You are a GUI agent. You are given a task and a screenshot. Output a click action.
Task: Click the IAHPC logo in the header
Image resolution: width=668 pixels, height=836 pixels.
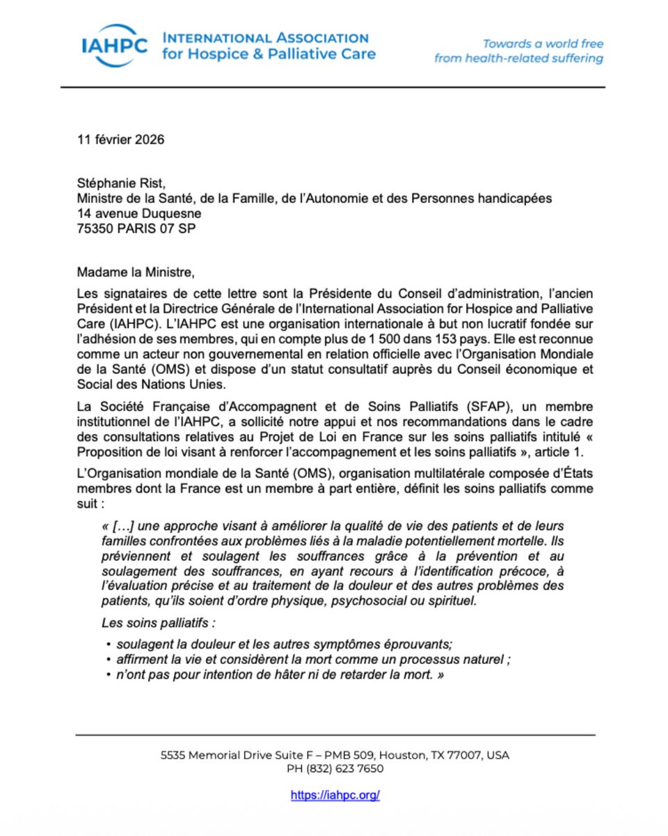[x=113, y=46]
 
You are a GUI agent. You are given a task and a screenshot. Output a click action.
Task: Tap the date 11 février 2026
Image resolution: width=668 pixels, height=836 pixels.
[x=120, y=139]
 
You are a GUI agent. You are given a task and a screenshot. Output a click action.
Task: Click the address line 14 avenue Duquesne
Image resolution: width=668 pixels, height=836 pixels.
[x=139, y=213]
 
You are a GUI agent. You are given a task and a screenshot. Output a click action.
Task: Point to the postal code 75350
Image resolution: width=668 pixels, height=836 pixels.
[x=95, y=228]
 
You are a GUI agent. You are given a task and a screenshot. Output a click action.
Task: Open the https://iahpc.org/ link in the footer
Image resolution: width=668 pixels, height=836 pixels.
[x=335, y=795]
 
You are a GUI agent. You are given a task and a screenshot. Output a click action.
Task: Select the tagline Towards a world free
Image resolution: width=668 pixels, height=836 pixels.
[x=543, y=43]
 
